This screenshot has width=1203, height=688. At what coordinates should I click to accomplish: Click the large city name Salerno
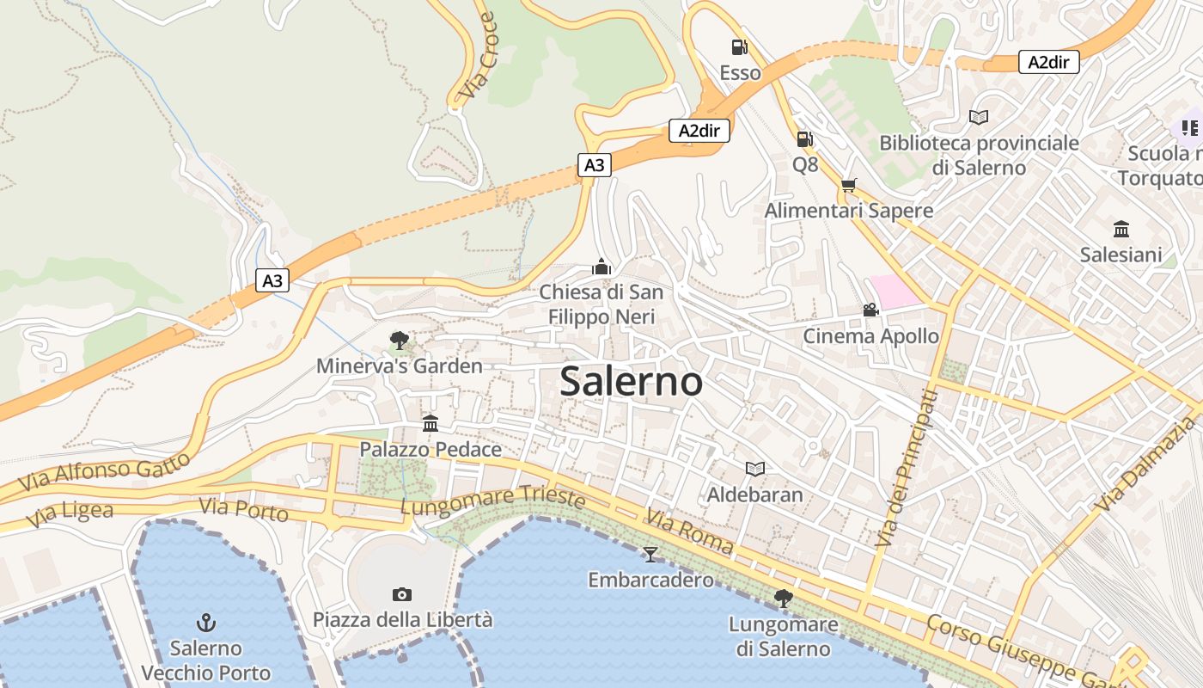point(632,382)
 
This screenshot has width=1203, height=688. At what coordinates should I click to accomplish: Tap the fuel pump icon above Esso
point(739,47)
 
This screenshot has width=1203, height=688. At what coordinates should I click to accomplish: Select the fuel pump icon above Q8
point(804,138)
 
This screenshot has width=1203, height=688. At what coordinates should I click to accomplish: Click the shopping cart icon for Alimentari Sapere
point(849,185)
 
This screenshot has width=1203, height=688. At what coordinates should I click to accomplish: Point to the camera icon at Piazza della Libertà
point(401,594)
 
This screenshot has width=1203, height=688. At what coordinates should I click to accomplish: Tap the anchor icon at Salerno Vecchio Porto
point(205,622)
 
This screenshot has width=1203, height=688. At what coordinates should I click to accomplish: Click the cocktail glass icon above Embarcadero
point(650,554)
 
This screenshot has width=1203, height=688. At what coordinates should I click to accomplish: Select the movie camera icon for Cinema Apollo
point(870,310)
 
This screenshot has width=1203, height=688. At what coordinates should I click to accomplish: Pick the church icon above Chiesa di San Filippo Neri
point(601,267)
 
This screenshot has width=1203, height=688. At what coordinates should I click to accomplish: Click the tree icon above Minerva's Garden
point(399,341)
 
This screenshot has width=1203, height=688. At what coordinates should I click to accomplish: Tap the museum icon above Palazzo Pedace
point(431,423)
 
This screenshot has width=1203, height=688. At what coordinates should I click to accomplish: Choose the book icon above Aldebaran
point(755,469)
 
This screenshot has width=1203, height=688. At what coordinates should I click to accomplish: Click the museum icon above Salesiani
point(1121,229)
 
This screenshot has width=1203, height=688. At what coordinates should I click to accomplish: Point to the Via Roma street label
point(690,533)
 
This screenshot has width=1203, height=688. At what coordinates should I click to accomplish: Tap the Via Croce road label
point(478,55)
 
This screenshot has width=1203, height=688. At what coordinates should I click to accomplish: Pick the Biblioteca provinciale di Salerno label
point(979,155)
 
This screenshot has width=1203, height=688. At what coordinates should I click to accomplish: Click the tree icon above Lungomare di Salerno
point(783,598)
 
